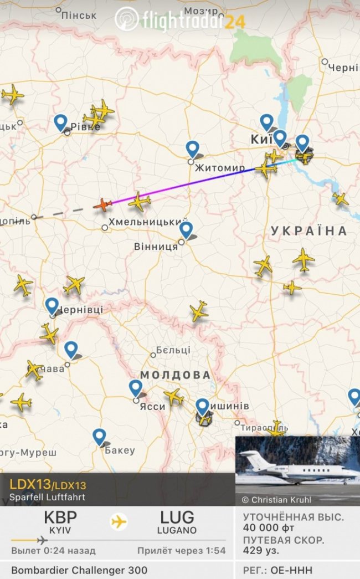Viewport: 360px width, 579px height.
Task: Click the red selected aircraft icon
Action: click(102, 204)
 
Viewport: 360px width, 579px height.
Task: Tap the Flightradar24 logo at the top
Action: click(180, 20)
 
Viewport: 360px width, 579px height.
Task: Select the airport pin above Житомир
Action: click(192, 148)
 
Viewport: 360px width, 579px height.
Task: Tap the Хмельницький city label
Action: click(150, 222)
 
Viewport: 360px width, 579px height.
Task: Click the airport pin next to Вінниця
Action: click(186, 229)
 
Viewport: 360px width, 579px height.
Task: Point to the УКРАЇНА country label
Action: click(309, 231)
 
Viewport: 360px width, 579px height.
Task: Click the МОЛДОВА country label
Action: click(176, 375)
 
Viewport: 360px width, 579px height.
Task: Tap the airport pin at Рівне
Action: click(60, 122)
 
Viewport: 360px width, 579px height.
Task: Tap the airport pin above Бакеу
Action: click(99, 436)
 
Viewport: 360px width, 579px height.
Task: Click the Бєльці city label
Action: click(173, 350)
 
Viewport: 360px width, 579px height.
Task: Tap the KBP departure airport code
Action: click(60, 518)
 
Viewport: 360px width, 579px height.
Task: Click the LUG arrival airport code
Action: click(177, 518)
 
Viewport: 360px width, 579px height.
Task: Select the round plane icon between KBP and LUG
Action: click(119, 521)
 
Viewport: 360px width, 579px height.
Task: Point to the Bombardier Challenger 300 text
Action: click(79, 570)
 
